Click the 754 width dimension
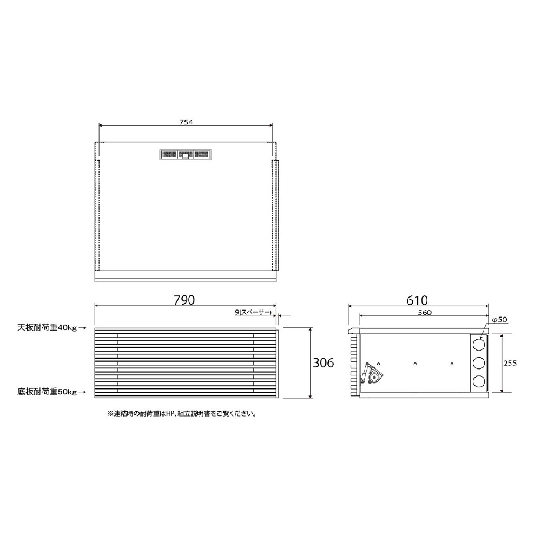click(186, 122)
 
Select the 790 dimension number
click(184, 300)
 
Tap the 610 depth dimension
click(417, 300)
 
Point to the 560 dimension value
click(425, 313)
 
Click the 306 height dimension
click(324, 362)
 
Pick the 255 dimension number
click(510, 364)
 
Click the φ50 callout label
click(499, 320)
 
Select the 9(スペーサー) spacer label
click(253, 312)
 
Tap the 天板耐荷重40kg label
click(47, 328)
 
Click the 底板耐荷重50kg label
click(47, 392)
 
